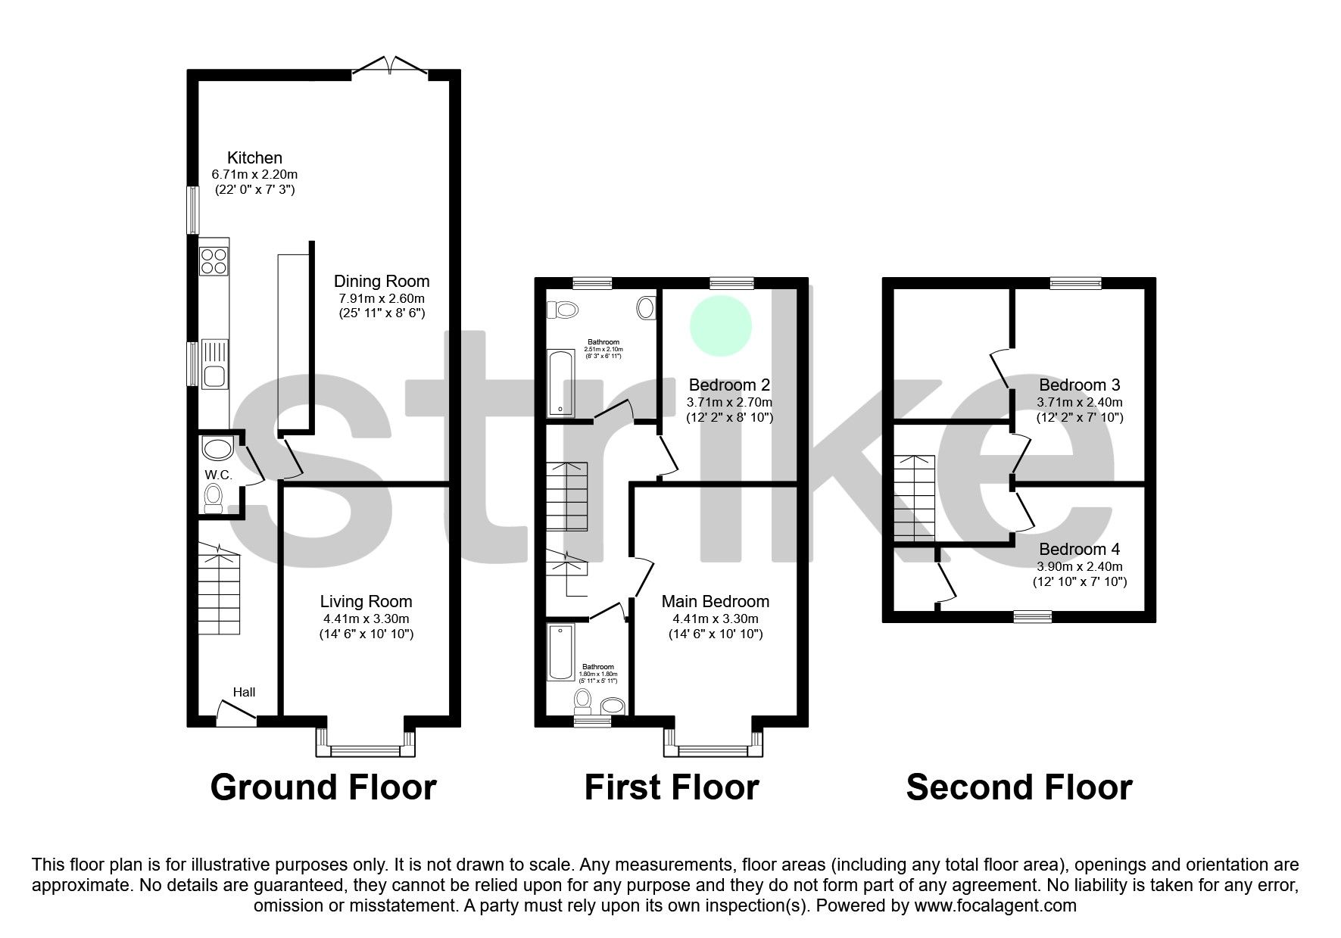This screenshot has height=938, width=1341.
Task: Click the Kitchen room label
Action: (x=254, y=158)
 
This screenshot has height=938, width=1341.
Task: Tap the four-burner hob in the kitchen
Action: (x=214, y=260)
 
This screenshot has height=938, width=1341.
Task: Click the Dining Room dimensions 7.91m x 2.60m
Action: (x=382, y=298)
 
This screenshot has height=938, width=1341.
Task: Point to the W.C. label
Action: (x=218, y=475)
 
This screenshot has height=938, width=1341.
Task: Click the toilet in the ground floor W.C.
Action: (x=214, y=499)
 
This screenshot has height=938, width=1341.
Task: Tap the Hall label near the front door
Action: (x=244, y=692)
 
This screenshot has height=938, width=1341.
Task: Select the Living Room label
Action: (x=366, y=602)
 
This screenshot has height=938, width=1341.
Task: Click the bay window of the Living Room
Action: (x=366, y=749)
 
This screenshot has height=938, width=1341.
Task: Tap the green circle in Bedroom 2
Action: (x=721, y=326)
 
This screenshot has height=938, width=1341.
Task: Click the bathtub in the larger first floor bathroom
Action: (x=561, y=383)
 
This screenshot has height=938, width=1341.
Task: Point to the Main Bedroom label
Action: (x=715, y=602)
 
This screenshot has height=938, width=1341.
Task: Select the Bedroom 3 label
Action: (x=1079, y=385)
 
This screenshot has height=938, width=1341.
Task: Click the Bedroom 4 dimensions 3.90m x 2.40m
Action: (x=1080, y=566)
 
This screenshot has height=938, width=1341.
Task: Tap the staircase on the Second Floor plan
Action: (x=915, y=498)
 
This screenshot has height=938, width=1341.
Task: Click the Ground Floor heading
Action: (x=323, y=787)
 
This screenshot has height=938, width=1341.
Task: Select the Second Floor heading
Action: (x=1018, y=787)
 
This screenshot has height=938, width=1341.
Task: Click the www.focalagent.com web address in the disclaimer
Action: (x=995, y=905)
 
